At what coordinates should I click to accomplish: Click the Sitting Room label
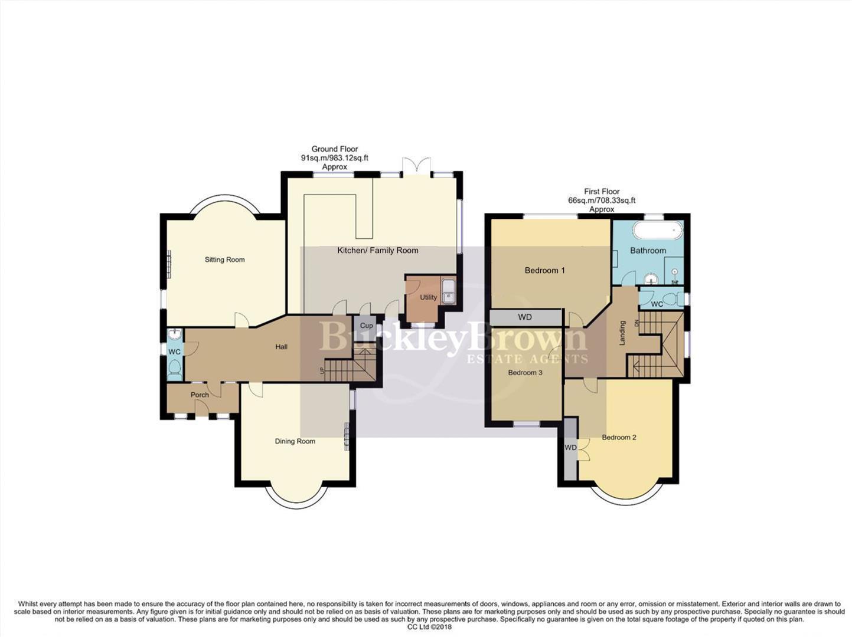(x=224, y=260)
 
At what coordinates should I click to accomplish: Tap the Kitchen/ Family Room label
(x=378, y=251)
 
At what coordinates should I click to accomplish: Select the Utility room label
(x=428, y=298)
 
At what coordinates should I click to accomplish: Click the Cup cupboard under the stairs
(x=367, y=326)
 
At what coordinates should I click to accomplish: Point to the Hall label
(x=282, y=347)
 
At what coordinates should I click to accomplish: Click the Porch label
(x=200, y=395)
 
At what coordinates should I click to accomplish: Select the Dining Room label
(x=295, y=441)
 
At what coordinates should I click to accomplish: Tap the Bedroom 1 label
(x=545, y=271)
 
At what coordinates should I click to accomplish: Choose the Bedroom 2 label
(x=619, y=438)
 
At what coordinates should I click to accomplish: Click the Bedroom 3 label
(x=525, y=373)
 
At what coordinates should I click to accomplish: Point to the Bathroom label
(x=648, y=251)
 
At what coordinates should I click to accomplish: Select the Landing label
(x=622, y=333)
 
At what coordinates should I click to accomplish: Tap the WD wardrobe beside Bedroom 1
(x=525, y=317)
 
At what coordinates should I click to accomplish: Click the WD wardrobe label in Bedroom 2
(x=570, y=448)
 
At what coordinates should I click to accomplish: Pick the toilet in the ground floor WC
(x=174, y=367)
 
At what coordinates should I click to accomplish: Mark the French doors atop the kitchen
(x=416, y=166)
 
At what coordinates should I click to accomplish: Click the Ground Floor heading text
(x=335, y=149)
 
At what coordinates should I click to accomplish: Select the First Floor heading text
(x=602, y=192)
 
